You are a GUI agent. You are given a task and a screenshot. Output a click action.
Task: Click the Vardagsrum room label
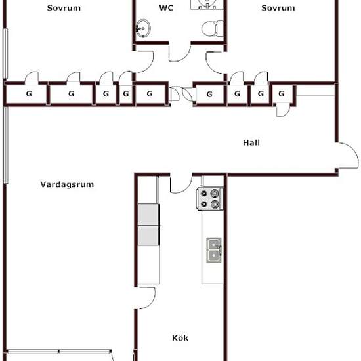[x=67, y=184]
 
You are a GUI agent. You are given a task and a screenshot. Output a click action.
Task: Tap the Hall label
[x=251, y=142]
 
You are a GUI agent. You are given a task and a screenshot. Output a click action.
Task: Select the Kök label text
[x=180, y=338]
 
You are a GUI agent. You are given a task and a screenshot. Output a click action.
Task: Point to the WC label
[x=166, y=8]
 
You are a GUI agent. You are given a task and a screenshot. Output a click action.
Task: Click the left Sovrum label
[x=64, y=8]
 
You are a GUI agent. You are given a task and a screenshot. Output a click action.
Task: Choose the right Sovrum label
[x=278, y=8]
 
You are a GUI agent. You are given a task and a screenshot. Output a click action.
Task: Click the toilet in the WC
[x=213, y=28]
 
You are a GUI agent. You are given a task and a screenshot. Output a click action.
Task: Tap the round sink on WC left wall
[x=143, y=28]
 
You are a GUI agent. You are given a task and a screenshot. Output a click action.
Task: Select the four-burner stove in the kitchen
[x=209, y=199]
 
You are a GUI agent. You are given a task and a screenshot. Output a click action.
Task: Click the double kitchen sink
[x=214, y=250]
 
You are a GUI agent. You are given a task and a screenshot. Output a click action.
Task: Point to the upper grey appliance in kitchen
[x=149, y=215]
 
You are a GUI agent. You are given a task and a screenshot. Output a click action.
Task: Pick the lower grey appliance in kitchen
[x=149, y=236]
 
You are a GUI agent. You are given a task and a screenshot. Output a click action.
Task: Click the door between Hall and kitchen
[x=181, y=184]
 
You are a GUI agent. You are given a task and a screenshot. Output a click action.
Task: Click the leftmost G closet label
[x=29, y=94]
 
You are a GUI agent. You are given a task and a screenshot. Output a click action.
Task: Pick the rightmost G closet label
[x=281, y=94]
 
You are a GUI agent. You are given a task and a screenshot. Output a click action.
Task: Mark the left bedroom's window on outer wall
[x=5, y=54]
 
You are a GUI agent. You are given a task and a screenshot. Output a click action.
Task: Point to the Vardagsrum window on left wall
[x=6, y=146]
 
